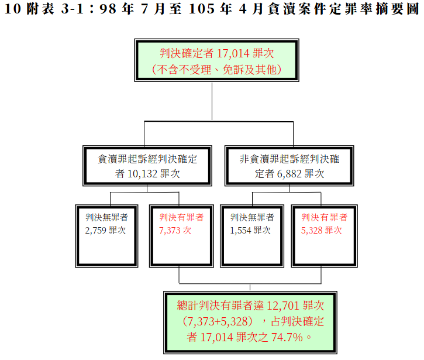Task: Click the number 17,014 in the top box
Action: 233,53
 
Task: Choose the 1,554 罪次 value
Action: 241,231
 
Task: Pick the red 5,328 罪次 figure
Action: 312,231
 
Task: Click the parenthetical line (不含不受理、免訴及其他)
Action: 217,69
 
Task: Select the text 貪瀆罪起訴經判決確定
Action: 147,159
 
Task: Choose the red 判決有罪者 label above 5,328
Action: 324,217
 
